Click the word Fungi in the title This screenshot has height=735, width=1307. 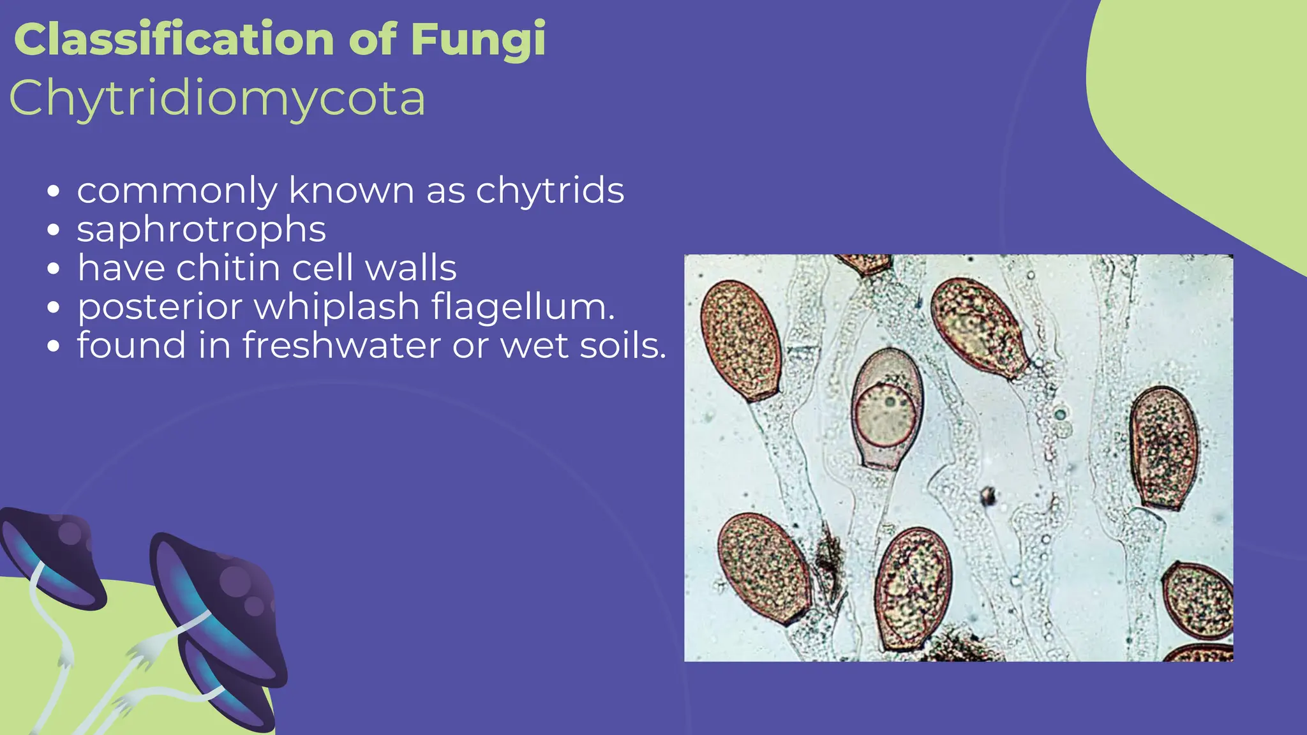coord(478,40)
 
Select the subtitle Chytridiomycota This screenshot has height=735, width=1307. coord(217,98)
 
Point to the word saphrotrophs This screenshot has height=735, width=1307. coord(202,229)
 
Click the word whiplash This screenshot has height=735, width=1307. coord(336,307)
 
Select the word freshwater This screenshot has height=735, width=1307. coord(341,346)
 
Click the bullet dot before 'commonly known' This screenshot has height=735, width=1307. coord(54,191)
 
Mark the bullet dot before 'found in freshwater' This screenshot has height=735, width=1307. coord(54,347)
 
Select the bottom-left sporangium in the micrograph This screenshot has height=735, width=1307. coord(763,568)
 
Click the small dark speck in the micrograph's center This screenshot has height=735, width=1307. coord(988,494)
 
